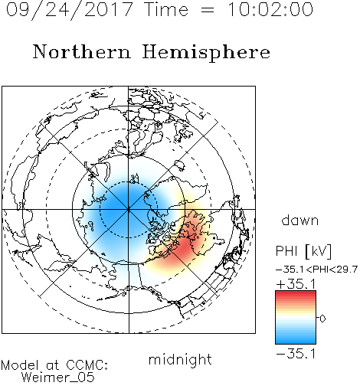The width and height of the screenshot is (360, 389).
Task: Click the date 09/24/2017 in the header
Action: [x=69, y=9]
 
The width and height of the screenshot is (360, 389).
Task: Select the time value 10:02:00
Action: [x=270, y=9]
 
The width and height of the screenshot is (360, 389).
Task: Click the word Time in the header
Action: [x=166, y=9]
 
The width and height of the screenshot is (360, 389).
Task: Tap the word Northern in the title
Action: [x=82, y=51]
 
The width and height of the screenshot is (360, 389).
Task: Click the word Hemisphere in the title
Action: [x=206, y=52]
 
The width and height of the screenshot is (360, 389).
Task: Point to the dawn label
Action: [x=300, y=221]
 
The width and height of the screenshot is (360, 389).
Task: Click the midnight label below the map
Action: [x=180, y=360]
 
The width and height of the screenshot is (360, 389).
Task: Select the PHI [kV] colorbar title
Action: [x=303, y=251]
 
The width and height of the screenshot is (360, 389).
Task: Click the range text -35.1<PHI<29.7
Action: [x=316, y=270]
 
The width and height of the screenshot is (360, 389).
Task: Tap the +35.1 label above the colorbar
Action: [x=296, y=284]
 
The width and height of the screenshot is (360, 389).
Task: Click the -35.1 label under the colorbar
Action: [x=296, y=354]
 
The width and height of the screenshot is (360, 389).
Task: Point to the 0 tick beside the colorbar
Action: [x=322, y=319]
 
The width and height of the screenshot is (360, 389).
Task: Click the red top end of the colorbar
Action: [x=296, y=293]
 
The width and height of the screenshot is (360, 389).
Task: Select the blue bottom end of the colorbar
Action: [x=296, y=342]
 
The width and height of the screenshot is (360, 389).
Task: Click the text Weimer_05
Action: [x=58, y=378]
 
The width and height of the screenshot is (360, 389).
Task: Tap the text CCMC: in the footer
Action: [x=87, y=365]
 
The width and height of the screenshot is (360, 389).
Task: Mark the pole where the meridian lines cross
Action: [x=129, y=209]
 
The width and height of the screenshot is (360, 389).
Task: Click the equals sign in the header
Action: [x=208, y=10]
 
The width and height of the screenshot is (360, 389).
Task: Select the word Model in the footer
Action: [x=21, y=365]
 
